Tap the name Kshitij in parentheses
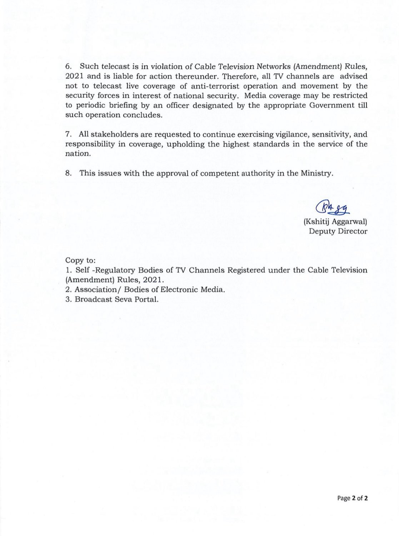click(x=315, y=222)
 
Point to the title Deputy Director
click(x=338, y=231)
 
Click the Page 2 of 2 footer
click(x=352, y=498)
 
